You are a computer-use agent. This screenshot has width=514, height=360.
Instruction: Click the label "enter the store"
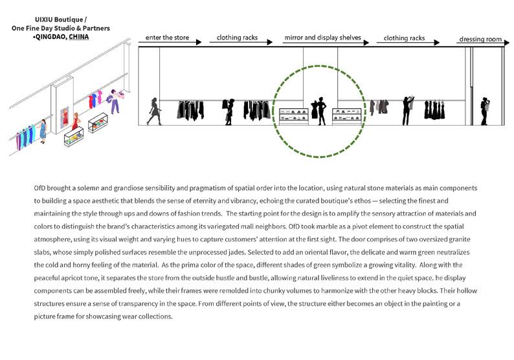167,38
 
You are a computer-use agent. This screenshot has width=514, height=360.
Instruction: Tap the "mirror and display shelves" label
322,38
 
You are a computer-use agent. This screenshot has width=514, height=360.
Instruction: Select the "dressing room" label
480,39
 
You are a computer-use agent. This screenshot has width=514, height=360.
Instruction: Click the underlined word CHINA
79,37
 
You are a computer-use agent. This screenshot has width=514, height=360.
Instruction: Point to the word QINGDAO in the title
49,37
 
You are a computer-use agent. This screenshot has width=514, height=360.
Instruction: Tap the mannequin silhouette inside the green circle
318,111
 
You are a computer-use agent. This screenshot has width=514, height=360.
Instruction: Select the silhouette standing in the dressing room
485,111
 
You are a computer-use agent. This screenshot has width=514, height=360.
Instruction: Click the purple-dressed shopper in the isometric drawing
115,101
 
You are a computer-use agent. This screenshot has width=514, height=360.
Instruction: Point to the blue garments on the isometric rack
25,139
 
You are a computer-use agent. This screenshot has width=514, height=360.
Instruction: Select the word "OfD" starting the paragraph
39,187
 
